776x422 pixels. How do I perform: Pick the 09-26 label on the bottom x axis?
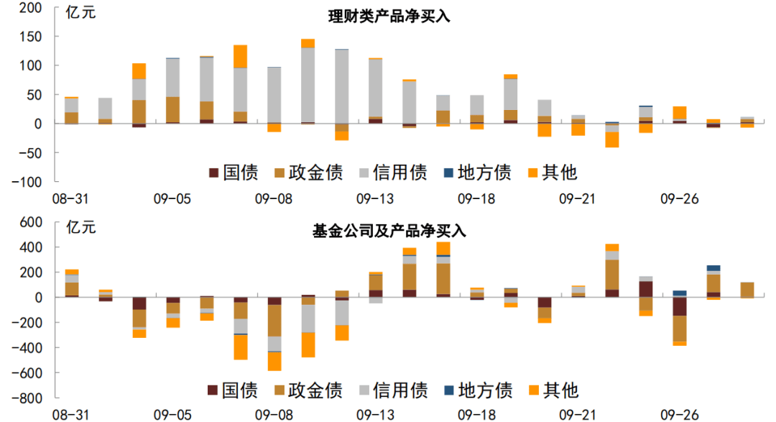(x=680, y=415)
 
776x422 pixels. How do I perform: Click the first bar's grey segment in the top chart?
(x=71, y=105)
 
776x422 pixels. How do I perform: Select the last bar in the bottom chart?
(x=747, y=290)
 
